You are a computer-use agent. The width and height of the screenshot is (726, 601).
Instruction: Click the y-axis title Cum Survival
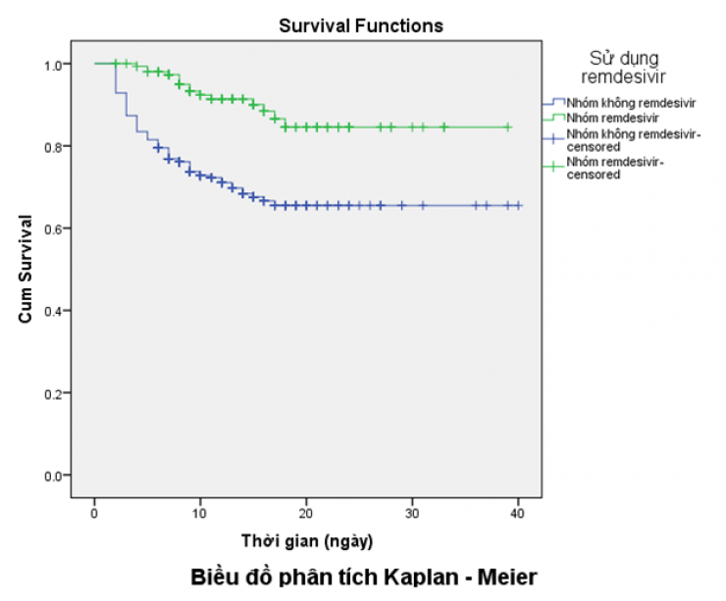click(28, 271)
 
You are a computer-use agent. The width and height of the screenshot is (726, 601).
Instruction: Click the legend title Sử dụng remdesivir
click(623, 67)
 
